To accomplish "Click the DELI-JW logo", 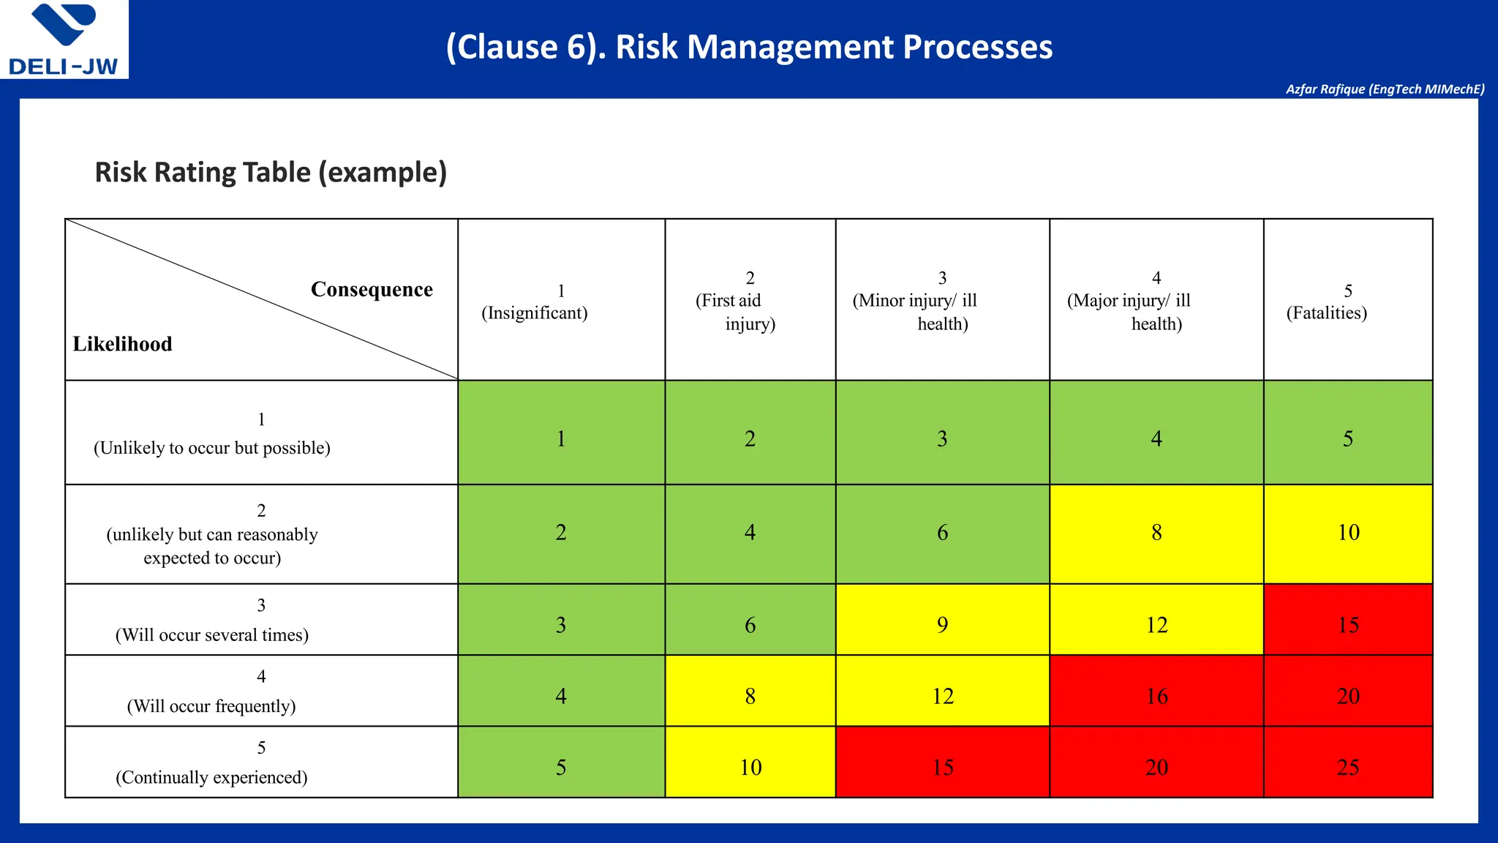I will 64,40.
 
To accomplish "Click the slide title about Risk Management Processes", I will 749,48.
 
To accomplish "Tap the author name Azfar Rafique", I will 1385,89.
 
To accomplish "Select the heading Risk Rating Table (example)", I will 271,173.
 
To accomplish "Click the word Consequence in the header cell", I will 372,290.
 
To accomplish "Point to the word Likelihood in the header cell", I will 122,344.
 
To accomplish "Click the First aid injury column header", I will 750,301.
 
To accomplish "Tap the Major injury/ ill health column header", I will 1156,301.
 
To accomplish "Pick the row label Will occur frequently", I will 211,706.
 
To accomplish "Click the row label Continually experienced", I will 211,777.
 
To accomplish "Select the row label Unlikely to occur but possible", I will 212,448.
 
